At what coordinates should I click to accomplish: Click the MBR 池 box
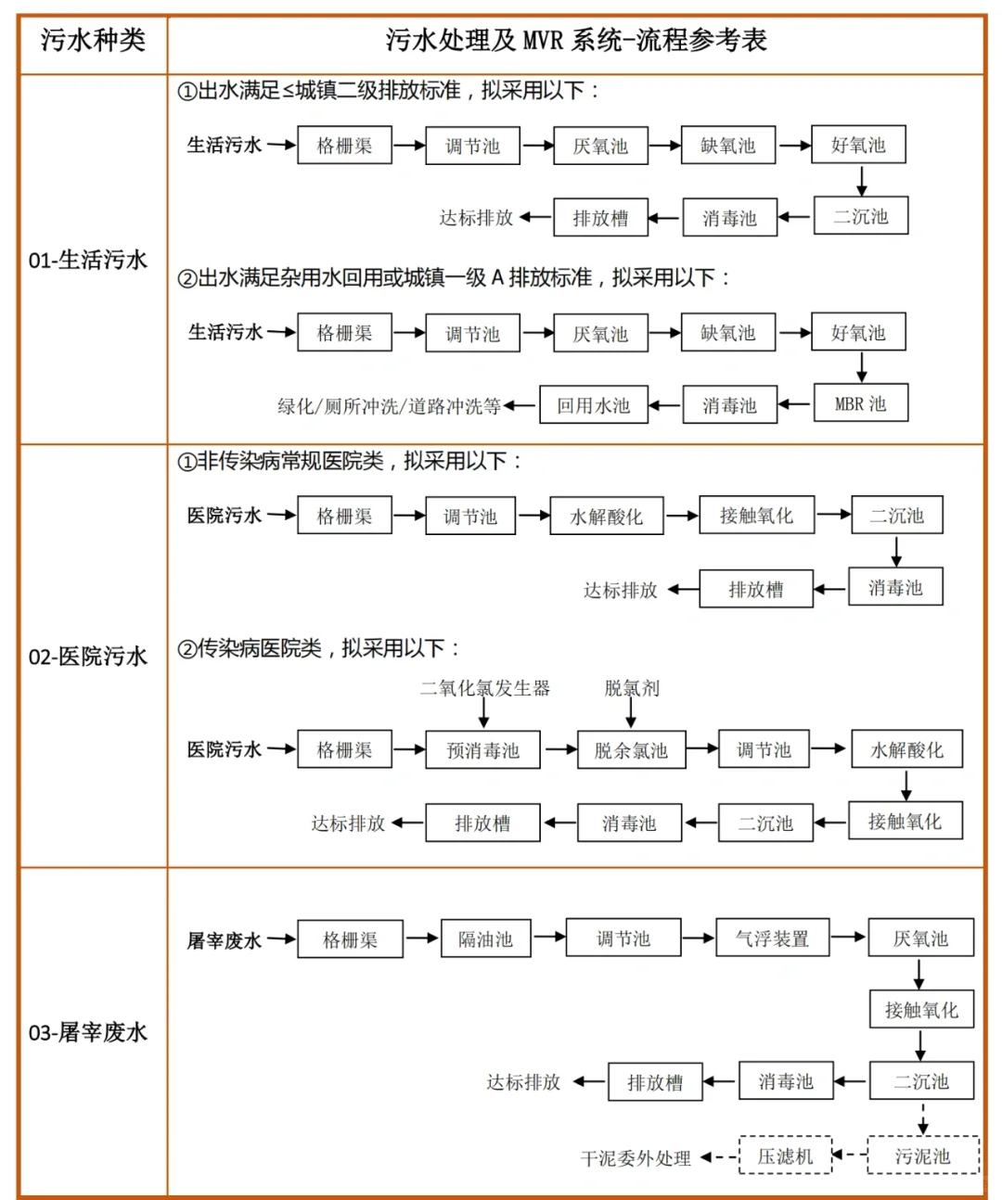[x=860, y=403]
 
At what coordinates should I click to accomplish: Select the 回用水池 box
[x=593, y=405]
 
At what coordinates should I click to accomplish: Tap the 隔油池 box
[x=485, y=938]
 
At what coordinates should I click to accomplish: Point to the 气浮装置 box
[x=772, y=938]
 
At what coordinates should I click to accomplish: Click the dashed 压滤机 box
[x=785, y=1155]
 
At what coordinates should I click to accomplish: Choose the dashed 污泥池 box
[x=922, y=1155]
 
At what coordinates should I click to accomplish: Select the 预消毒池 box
[x=482, y=750]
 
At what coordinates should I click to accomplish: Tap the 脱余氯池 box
[x=631, y=750]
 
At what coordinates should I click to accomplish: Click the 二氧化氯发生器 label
[x=484, y=688]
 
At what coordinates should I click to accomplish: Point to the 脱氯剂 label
[x=632, y=688]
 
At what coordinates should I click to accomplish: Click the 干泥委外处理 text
[x=636, y=1158]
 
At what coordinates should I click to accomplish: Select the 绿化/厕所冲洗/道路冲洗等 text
[x=389, y=406]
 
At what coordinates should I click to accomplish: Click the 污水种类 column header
[x=93, y=41]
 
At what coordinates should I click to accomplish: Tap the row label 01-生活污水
[x=88, y=260]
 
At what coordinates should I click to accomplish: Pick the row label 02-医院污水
[x=88, y=657]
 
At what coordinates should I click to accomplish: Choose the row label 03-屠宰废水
[x=88, y=1032]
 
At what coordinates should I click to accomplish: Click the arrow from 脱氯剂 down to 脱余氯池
[x=632, y=713]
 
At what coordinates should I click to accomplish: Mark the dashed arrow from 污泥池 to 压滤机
[x=849, y=1155]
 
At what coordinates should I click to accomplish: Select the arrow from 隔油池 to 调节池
[x=549, y=938]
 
